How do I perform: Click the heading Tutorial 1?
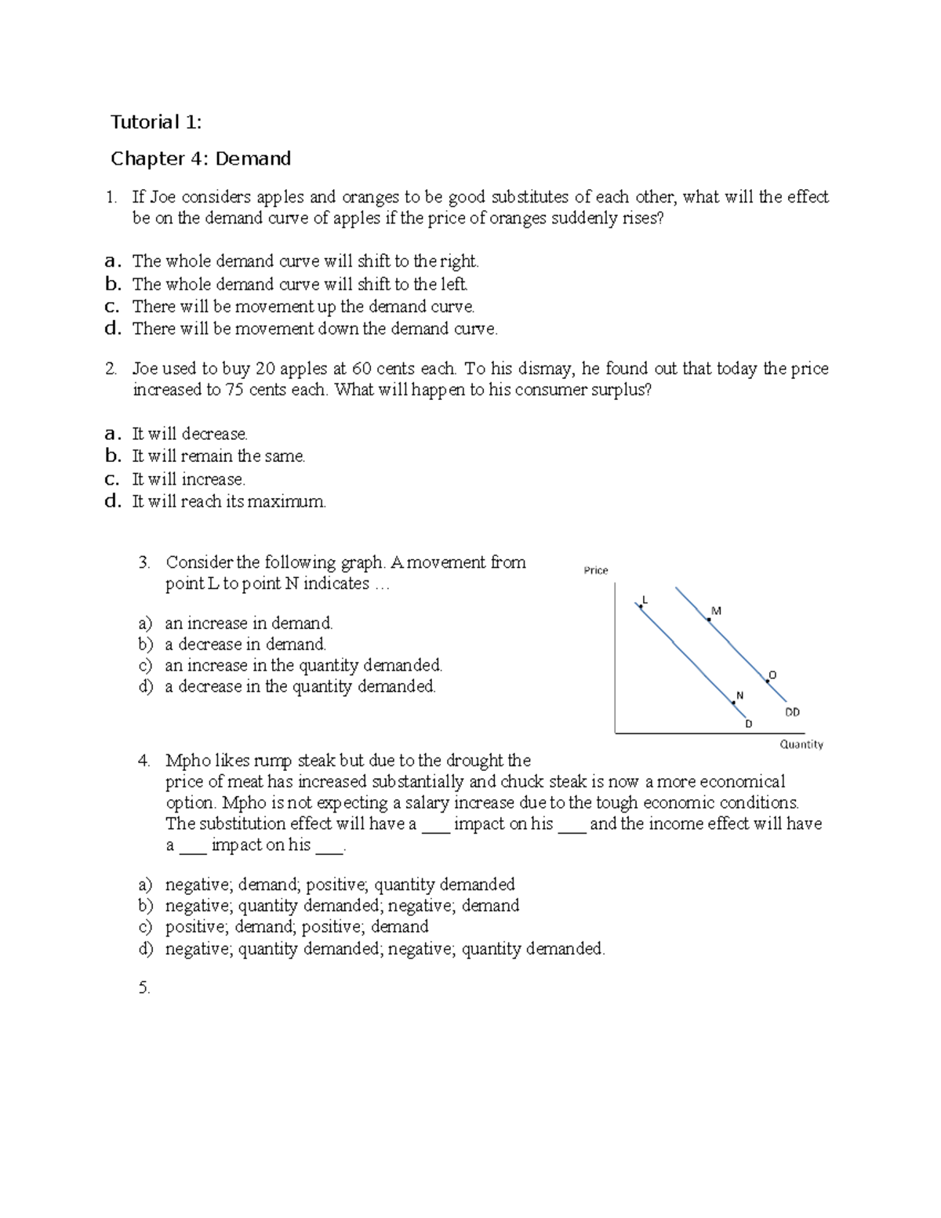coord(156,122)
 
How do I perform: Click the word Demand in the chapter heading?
coord(253,159)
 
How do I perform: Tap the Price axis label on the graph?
coord(596,570)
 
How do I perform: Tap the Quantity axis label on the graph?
coord(801,744)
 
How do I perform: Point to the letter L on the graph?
coord(645,599)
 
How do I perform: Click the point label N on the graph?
coord(739,695)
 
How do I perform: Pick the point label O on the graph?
coord(772,674)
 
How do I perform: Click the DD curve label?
coord(793,712)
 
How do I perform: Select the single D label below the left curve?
coord(748,724)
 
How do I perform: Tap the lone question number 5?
coord(144,988)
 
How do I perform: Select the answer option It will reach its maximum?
coord(228,502)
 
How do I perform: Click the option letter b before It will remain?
coord(113,456)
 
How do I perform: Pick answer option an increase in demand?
coord(249,624)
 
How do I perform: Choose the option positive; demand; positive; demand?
coord(296,927)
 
